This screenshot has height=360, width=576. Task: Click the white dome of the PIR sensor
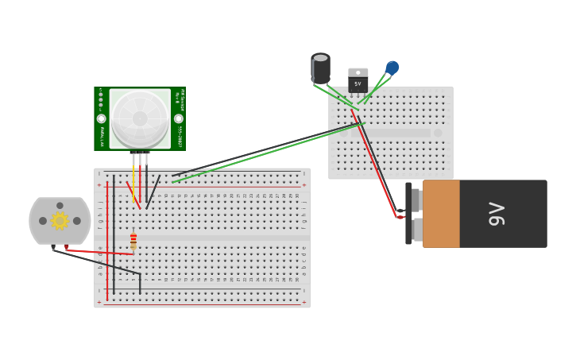[140, 118]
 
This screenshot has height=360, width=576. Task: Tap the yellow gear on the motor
[60, 221]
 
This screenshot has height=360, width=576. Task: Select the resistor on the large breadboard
[133, 239]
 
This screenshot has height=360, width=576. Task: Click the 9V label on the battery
[497, 214]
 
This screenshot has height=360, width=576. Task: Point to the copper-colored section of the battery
[441, 214]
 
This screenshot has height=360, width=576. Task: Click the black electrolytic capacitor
[320, 68]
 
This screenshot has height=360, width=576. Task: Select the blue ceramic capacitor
[392, 68]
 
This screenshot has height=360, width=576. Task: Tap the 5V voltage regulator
[358, 79]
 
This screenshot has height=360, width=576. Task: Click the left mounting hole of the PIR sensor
[102, 118]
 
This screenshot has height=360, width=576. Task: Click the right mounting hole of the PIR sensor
[179, 118]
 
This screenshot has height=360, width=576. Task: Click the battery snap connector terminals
[414, 214]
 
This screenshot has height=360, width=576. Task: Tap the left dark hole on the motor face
[43, 221]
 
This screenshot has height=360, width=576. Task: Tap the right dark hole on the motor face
[77, 221]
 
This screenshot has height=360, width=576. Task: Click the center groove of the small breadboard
[391, 133]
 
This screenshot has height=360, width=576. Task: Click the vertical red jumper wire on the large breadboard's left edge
[107, 238]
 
